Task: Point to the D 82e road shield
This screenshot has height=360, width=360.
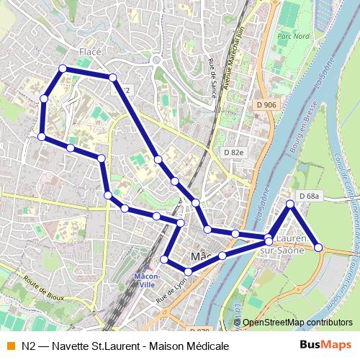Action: click(234, 153)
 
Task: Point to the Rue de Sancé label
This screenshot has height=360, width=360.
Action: click(212, 75)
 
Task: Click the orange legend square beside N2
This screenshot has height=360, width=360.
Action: click(9, 346)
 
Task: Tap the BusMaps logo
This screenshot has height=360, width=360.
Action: click(325, 346)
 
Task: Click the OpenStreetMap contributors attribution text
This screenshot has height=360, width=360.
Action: click(297, 323)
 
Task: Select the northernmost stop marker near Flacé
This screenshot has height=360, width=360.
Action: click(63, 68)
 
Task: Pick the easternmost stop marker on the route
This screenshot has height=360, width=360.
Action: click(319, 248)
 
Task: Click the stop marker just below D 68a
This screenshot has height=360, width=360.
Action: click(290, 204)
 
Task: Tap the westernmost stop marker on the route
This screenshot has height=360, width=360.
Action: click(42, 136)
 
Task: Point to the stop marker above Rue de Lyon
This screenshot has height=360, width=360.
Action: click(189, 271)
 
